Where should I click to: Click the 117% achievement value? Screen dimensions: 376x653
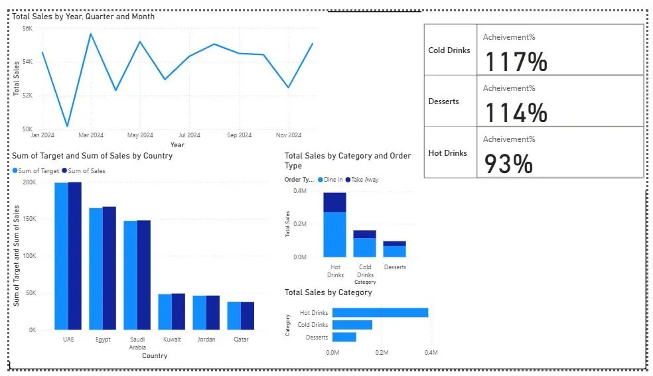click(516, 62)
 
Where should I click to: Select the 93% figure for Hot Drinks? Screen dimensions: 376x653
click(508, 164)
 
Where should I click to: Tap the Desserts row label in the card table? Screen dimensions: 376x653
click(444, 101)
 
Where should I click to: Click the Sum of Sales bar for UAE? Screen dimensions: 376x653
click(74, 255)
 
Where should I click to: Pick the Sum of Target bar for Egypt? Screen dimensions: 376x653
click(96, 269)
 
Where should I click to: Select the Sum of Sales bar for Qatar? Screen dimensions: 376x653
click(247, 316)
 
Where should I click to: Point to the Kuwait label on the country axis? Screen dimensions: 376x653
click(172, 339)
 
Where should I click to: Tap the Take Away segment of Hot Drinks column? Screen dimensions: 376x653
click(334, 202)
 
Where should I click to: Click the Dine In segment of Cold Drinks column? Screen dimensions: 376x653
click(364, 247)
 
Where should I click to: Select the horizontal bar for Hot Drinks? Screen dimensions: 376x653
click(380, 312)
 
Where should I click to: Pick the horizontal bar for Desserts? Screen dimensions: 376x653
click(344, 337)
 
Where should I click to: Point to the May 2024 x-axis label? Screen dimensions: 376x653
click(139, 135)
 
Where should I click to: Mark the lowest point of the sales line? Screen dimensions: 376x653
click(67, 126)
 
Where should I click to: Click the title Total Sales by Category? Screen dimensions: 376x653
click(328, 292)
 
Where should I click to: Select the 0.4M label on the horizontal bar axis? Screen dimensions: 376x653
click(430, 353)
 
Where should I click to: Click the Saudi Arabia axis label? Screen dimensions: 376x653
click(137, 343)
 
